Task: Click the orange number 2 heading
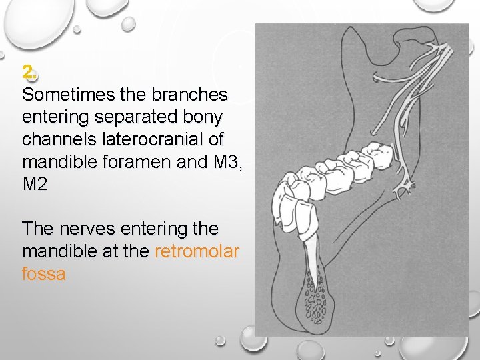[27, 71]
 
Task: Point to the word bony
[204, 117]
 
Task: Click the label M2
[35, 185]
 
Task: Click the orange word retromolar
[197, 251]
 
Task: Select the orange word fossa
[43, 274]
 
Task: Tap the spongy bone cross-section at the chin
[313, 300]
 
